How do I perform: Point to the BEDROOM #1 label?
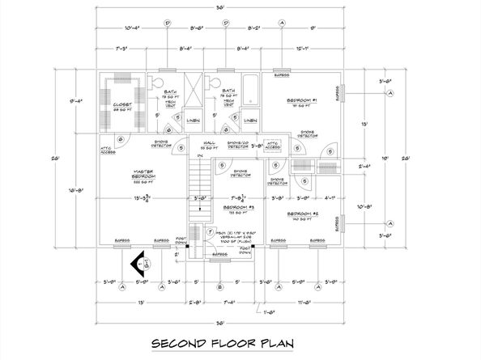point(300,102)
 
